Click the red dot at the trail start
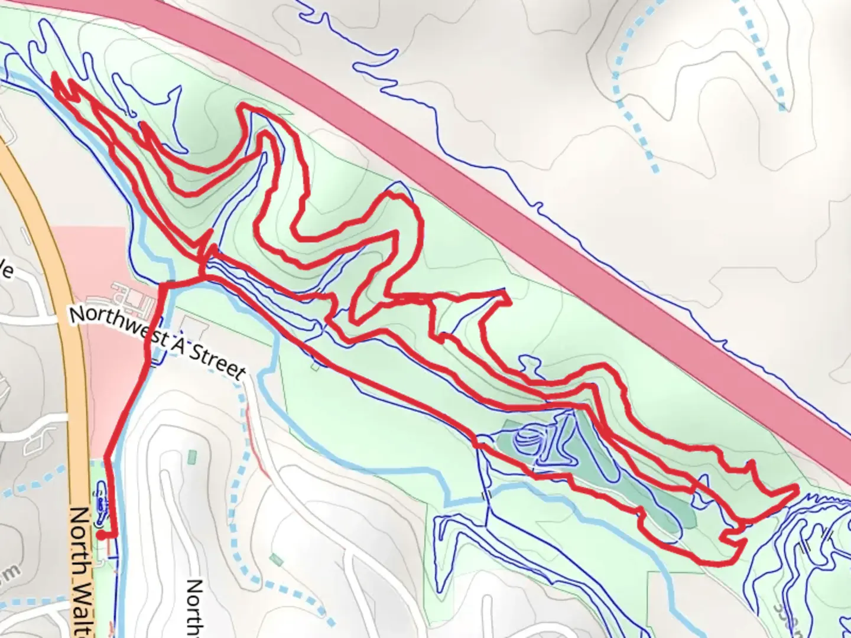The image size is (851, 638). click(x=102, y=535)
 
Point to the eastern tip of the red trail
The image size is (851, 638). click(x=797, y=488)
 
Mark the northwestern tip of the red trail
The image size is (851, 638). click(x=55, y=76)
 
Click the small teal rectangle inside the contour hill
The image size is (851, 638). click(x=191, y=457)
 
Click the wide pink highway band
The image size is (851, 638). click(x=532, y=177)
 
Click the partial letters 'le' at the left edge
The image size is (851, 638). click(x=6, y=271)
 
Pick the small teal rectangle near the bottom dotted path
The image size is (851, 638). click(x=275, y=559)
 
